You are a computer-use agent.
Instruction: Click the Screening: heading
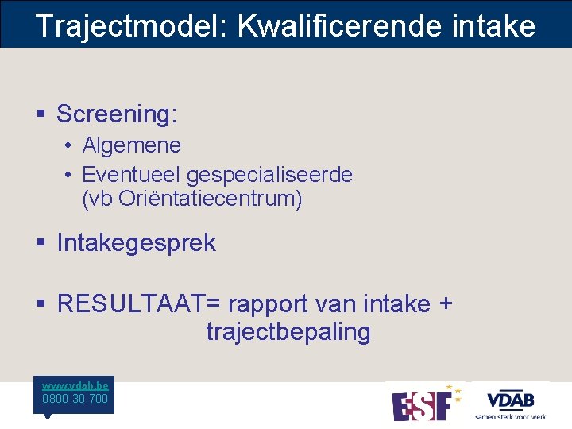[117, 114]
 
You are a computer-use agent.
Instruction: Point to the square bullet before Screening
[41, 115]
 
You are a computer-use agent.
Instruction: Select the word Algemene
[131, 145]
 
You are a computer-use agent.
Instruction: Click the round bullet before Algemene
[69, 146]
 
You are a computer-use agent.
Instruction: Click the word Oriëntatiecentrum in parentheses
[210, 199]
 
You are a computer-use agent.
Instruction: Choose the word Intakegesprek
[136, 243]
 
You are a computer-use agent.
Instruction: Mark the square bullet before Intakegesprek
[41, 244]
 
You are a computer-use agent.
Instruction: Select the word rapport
[269, 303]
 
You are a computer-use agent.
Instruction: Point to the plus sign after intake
[446, 303]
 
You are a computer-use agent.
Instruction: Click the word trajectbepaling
[288, 332]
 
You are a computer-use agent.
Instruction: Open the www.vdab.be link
[75, 385]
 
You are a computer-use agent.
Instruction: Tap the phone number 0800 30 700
[75, 399]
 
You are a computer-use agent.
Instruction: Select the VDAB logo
[510, 402]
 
